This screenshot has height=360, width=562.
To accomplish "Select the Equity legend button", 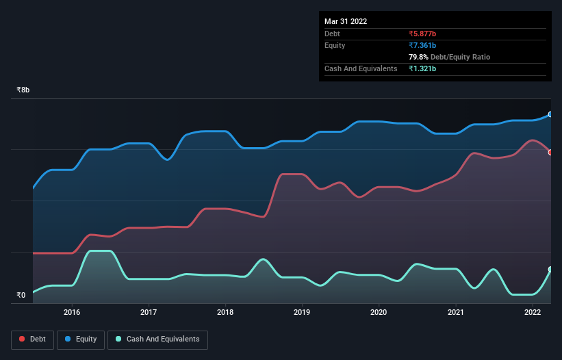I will click(81, 339).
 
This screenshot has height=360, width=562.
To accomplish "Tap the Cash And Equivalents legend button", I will click(157, 339).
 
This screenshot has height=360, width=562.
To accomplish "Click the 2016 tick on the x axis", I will click(72, 312).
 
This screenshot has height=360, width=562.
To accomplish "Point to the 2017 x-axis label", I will click(149, 312).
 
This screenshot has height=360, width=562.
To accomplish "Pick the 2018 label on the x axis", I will click(225, 312).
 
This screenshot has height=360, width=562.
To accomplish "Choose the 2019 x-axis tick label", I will click(302, 312).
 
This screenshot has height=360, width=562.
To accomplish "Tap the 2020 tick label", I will click(379, 312).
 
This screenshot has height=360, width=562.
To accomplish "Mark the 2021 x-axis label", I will click(455, 312).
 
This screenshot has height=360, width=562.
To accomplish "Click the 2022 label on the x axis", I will click(532, 312).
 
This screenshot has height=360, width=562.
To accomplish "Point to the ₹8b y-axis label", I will click(23, 90).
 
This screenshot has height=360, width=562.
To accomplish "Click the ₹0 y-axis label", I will click(21, 296).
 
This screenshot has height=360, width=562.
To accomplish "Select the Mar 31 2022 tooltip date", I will click(346, 21).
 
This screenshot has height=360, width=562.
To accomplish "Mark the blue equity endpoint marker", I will click(550, 114).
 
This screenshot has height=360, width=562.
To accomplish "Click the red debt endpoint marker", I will click(550, 152).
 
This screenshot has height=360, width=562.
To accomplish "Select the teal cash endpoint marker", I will click(550, 269).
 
